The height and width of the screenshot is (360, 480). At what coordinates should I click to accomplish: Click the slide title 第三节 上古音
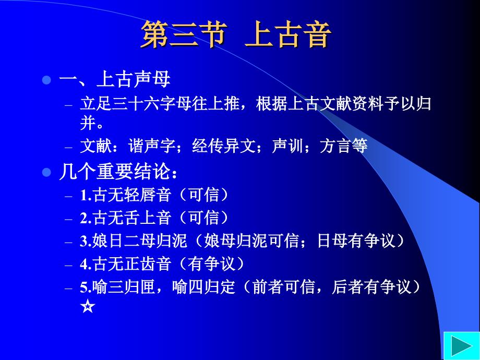(x=236, y=34)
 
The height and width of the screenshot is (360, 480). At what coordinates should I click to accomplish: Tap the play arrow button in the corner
(x=462, y=346)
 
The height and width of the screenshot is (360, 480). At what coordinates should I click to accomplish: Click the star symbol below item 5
(x=88, y=306)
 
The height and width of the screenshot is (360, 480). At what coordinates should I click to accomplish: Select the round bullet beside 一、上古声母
(x=46, y=80)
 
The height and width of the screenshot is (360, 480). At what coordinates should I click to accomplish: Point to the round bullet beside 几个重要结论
(x=46, y=172)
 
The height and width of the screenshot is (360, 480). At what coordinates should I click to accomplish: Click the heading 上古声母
(x=134, y=79)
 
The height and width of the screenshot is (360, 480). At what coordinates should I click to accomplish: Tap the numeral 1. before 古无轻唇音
(x=86, y=195)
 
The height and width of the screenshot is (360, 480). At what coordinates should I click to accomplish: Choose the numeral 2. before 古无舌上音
(x=86, y=218)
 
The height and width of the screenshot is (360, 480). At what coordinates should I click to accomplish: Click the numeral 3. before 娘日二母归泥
(x=86, y=241)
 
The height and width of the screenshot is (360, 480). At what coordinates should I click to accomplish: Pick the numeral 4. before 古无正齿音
(x=86, y=264)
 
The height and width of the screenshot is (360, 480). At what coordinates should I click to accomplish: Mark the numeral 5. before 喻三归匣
(x=86, y=287)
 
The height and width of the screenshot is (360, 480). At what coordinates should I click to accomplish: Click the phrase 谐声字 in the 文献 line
(x=152, y=146)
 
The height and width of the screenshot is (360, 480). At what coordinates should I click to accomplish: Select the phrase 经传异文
(x=224, y=146)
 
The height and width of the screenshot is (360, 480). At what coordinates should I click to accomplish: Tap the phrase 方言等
(x=343, y=146)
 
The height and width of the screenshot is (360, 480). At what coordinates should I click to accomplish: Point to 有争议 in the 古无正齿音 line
(x=212, y=263)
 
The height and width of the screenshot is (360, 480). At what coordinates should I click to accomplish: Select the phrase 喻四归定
(x=203, y=287)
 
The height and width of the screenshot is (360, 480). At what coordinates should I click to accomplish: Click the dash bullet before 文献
(x=68, y=147)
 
